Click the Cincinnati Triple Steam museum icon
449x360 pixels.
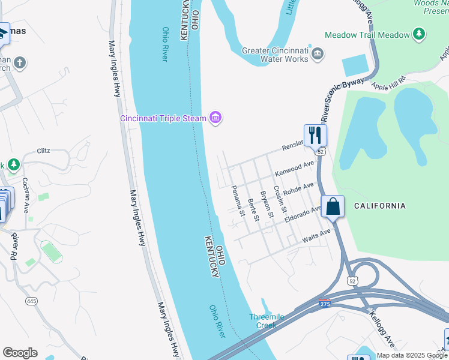[x=215, y=118]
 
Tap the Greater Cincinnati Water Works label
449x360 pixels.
[x=276, y=55]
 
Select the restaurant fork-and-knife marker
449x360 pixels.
[x=315, y=135]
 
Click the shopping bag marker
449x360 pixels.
[x=333, y=207]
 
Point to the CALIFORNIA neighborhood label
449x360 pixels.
[x=380, y=206]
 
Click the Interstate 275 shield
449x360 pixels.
[x=324, y=304]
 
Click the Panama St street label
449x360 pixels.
[x=238, y=201]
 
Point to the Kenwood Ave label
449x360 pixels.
[x=295, y=168]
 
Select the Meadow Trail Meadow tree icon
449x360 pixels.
[x=418, y=34]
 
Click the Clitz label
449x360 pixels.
[x=43, y=151]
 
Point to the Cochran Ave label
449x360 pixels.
[x=25, y=196]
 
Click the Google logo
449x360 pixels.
[x=20, y=353]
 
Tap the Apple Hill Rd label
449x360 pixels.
[x=389, y=83]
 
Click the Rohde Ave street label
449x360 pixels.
[x=298, y=191]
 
